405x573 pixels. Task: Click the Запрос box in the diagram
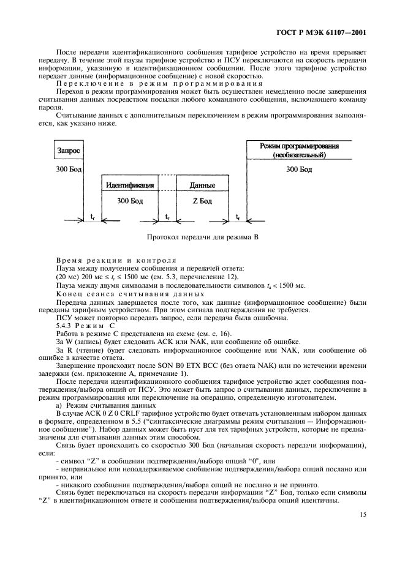point(68,150)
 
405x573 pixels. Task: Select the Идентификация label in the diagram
point(129,184)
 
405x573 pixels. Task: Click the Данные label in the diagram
point(202,184)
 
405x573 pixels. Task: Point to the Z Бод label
point(202,200)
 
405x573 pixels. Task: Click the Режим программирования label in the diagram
point(300,146)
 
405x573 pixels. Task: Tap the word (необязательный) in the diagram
point(300,155)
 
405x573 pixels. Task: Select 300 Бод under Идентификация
point(129,200)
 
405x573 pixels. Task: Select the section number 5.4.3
point(66,325)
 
